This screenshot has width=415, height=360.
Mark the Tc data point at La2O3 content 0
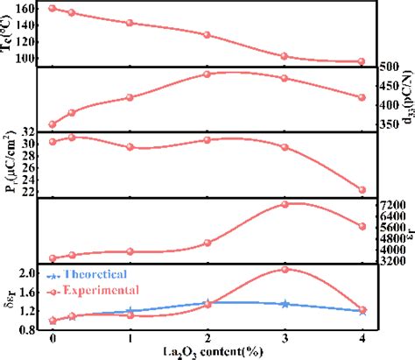[53, 8]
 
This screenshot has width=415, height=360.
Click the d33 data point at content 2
[207, 74]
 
